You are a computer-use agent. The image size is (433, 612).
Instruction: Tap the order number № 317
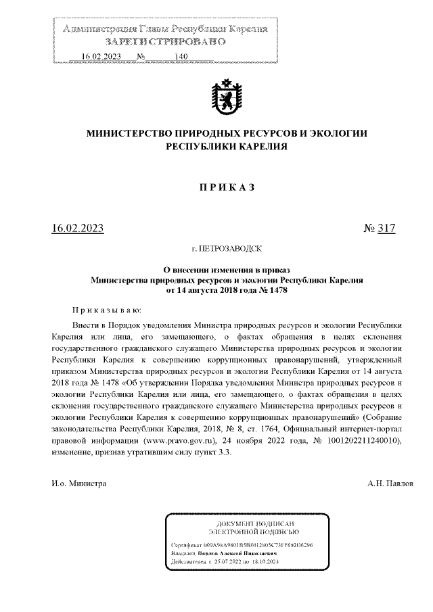379,229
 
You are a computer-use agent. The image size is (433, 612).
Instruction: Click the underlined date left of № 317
78,229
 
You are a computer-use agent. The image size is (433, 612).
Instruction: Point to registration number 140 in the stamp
180,56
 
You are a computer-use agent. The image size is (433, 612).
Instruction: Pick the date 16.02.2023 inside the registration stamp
100,56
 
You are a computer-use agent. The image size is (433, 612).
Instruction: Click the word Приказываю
107,310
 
